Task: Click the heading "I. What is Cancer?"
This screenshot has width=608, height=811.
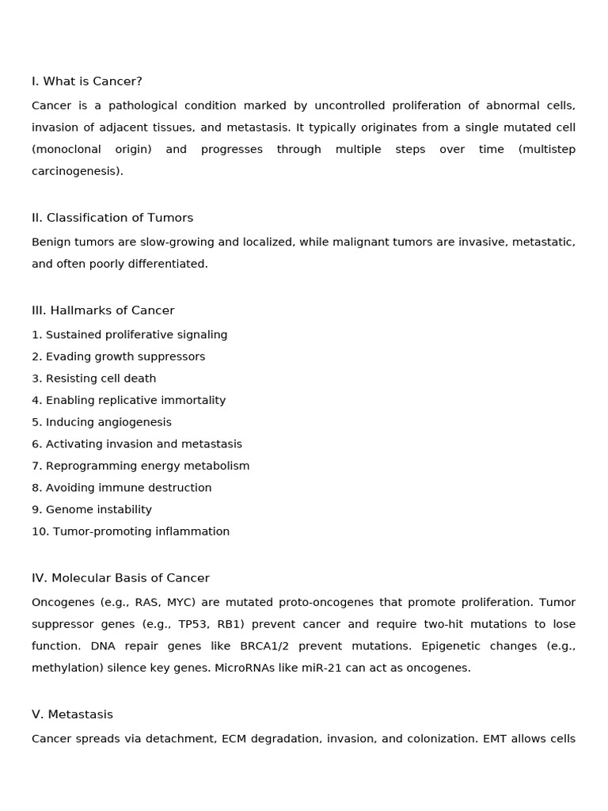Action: coord(87,82)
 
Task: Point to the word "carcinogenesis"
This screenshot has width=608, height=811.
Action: coord(76,171)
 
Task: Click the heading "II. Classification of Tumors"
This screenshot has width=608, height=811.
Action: coord(112,218)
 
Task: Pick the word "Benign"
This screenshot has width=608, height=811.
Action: coord(50,242)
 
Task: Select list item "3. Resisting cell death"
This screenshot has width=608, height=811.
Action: coord(94,379)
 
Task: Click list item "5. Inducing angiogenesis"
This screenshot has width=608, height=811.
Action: coord(101,422)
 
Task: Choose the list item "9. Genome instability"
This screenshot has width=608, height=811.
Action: coord(92,509)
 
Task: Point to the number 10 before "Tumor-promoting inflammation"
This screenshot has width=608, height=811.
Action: coord(40,531)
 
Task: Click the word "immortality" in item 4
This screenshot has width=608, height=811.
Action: coord(196,400)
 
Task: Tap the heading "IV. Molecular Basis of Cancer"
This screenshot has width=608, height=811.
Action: coord(120,578)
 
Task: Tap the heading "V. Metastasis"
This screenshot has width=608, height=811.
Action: coord(72,714)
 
